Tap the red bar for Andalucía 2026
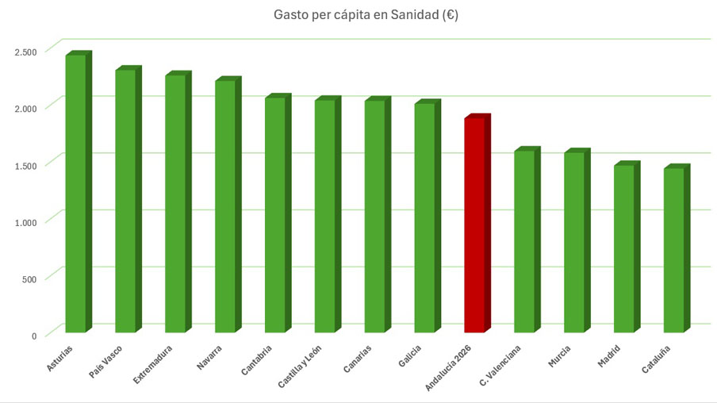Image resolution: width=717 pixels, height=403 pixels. (474, 225)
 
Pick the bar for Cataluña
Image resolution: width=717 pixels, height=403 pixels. (673, 250)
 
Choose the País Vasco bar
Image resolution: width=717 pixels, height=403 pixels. (125, 201)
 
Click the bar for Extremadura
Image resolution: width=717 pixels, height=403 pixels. (175, 203)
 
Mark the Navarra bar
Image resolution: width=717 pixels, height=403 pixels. (225, 205)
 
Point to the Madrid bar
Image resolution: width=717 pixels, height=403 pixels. (623, 248)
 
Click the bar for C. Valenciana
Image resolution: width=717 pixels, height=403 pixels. (524, 241)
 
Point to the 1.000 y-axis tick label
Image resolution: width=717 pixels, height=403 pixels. (25, 222)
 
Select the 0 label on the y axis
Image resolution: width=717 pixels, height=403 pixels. (34, 336)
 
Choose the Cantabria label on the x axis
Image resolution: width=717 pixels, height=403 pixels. (257, 362)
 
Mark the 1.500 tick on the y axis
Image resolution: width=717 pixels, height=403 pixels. (25, 166)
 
